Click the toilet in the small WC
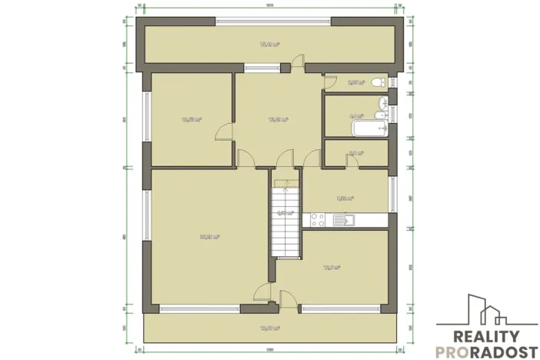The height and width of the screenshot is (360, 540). [x=378, y=82]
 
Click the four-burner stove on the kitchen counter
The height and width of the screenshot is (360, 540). [x=317, y=221]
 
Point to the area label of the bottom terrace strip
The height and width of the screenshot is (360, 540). [x=269, y=328]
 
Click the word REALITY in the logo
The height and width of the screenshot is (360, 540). [x=485, y=336]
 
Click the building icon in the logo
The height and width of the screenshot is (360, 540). [x=483, y=312]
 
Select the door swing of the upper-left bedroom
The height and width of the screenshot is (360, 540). [x=225, y=132]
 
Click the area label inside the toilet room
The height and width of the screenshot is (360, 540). [x=355, y=82]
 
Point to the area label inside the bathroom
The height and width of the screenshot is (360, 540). [x=356, y=117]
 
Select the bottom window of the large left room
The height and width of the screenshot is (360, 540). [x=200, y=308]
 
